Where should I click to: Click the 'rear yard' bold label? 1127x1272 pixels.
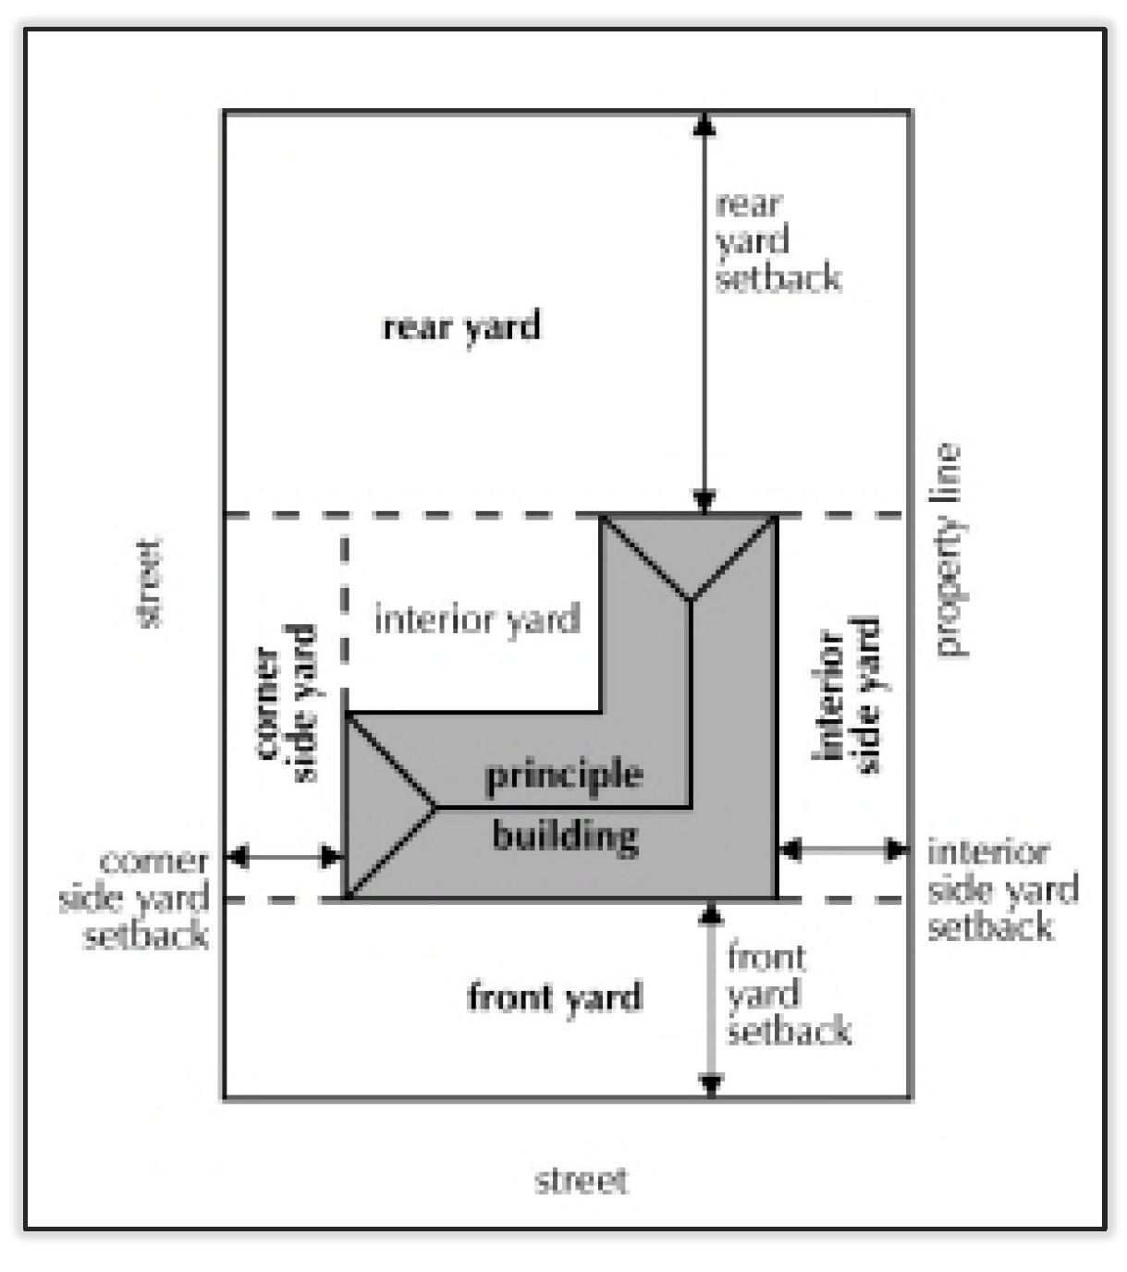[461, 327]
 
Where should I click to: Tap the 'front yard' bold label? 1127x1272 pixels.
[554, 997]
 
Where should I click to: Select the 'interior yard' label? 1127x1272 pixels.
[477, 618]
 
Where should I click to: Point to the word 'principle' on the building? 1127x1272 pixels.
[564, 775]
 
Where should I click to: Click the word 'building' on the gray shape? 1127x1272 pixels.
[565, 836]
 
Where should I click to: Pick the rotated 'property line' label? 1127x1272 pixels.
[948, 550]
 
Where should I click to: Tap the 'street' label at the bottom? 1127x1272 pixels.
[582, 1180]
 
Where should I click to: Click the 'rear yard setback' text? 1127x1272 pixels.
[778, 241]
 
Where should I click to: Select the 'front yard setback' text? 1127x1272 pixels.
[788, 994]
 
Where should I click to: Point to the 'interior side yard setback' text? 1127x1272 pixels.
[1002, 889]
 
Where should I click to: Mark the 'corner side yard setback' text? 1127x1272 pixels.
[135, 899]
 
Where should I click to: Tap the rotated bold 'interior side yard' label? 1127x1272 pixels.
[846, 696]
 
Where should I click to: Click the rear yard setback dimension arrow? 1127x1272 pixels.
[704, 314]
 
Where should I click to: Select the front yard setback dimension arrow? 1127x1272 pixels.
[710, 998]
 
